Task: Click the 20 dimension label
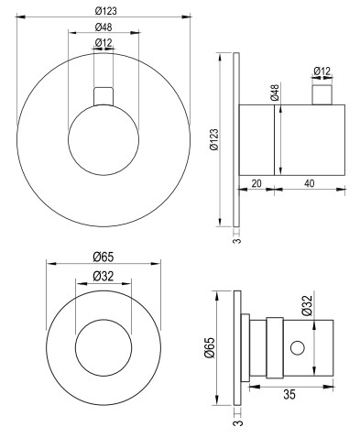256,183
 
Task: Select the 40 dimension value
309,183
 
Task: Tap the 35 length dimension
289,394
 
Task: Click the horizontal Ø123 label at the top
105,11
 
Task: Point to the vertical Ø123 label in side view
214,139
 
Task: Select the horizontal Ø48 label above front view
104,27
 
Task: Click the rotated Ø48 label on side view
275,93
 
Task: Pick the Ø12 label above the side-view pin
322,71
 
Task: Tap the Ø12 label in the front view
104,43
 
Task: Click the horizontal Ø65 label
104,257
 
